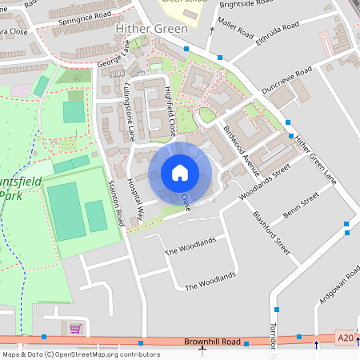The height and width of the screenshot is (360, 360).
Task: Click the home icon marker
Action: [179, 173]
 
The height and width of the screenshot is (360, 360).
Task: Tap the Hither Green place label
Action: [152, 29]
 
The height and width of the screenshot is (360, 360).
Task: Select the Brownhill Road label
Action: [212, 342]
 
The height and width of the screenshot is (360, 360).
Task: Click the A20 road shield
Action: [344, 339]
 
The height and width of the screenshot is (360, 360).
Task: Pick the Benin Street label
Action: [301, 206]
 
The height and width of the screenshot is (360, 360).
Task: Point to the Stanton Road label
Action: [117, 203]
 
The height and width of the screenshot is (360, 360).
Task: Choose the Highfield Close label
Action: [170, 111]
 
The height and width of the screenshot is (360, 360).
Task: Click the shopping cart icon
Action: [75, 328]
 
